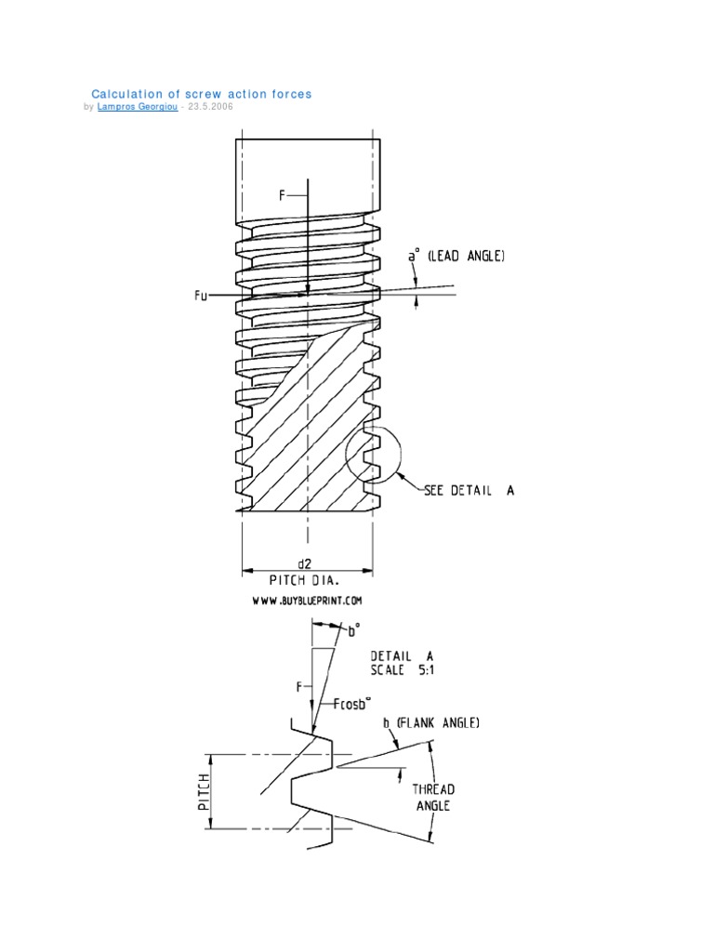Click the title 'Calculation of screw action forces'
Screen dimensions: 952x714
coord(201,94)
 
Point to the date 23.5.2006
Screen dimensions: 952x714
coord(210,107)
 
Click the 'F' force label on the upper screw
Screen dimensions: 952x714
coord(283,195)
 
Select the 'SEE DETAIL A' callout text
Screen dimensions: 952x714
coord(469,490)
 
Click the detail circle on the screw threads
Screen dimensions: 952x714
coord(374,457)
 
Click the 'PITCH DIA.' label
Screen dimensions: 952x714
coord(307,581)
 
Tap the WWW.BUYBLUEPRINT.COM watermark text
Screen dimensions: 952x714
coord(307,602)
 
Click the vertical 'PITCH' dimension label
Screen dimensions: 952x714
coord(204,790)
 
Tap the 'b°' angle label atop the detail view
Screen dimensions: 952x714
coord(352,631)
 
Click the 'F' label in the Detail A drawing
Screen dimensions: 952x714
coord(299,687)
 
